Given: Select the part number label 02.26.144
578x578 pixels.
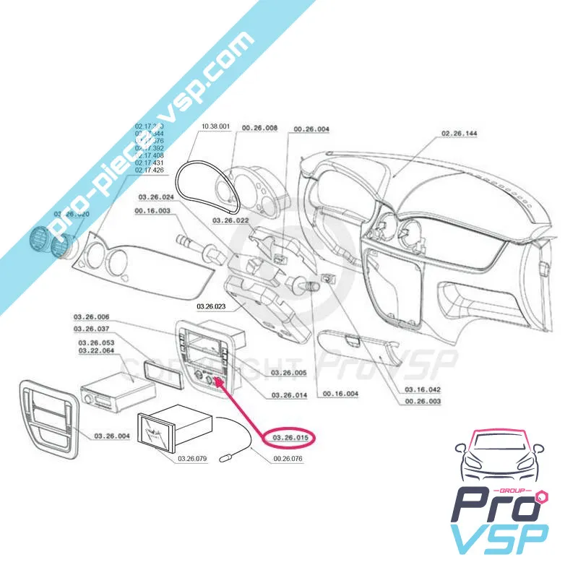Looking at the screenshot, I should [459, 134].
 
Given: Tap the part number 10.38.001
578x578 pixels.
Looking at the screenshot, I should [215, 127].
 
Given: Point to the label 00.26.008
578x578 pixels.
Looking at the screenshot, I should [259, 128].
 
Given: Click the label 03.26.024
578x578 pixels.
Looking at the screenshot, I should [157, 197].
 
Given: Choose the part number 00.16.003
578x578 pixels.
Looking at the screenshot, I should [152, 211].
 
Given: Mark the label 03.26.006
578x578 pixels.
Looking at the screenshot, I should [92, 317].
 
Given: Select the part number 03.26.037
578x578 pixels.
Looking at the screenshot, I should [92, 329].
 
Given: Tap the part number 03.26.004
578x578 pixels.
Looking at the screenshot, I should [111, 436].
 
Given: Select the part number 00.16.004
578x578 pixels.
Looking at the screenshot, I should [341, 394].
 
